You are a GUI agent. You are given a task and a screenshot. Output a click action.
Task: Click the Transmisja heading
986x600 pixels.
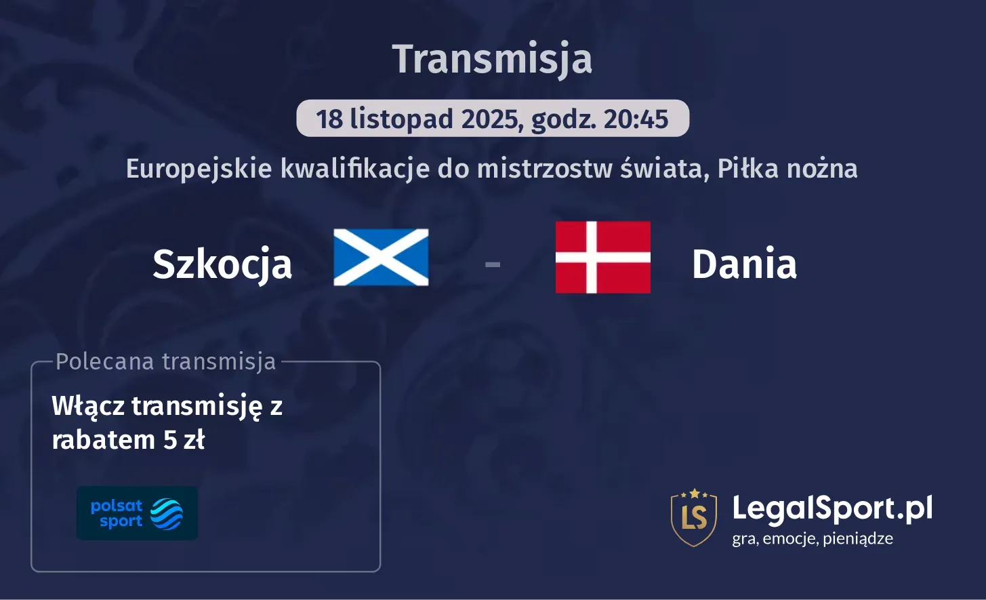(493, 59)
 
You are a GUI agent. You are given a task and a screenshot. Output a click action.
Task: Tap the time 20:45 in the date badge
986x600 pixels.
(636, 119)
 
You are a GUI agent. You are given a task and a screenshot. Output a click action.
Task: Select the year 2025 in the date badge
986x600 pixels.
(491, 119)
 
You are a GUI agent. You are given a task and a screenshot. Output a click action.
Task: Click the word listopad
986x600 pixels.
(401, 119)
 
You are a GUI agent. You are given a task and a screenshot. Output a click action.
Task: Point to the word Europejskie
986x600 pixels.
(199, 169)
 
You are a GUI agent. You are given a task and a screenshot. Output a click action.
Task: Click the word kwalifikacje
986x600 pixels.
(354, 169)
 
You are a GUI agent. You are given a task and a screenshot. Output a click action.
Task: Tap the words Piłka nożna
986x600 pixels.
(787, 169)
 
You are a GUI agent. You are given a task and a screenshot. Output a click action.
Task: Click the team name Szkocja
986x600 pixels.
(222, 264)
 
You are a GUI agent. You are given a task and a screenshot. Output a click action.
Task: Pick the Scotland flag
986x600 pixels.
(381, 258)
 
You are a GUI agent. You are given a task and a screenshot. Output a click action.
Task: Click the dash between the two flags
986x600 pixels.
(493, 264)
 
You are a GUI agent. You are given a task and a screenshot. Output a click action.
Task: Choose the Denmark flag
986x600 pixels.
(602, 258)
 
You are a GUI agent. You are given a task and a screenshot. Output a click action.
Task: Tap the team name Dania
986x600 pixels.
(744, 264)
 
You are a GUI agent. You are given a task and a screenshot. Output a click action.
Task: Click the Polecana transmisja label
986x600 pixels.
(166, 362)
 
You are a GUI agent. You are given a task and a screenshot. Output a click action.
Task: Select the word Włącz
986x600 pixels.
(88, 407)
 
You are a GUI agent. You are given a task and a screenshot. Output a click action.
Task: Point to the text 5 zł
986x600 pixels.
(184, 441)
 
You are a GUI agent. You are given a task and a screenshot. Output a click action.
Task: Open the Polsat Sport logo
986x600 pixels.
(137, 513)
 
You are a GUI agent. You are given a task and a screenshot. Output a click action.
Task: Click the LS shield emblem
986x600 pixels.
(694, 517)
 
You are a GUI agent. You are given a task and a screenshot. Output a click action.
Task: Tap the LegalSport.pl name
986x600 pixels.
(832, 508)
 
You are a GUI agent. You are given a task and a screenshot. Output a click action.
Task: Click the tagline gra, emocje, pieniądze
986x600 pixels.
(813, 539)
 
